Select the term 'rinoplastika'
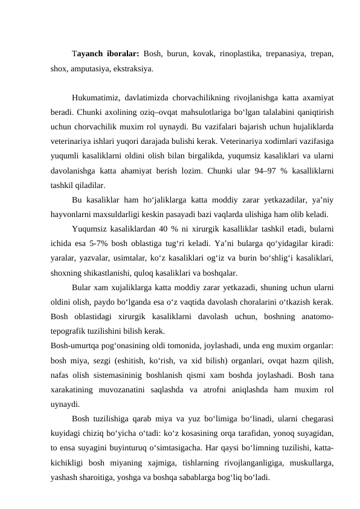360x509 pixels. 229,53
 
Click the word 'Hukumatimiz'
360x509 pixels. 94,97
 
